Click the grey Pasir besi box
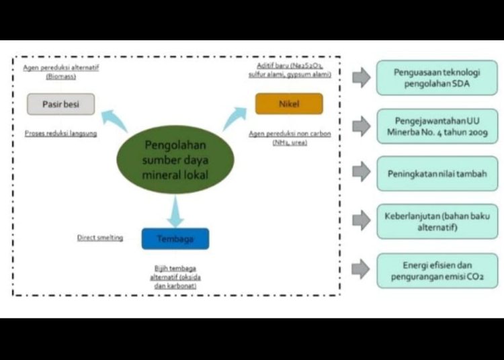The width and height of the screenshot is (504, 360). pos(60,104)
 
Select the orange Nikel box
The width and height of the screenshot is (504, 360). pos(288,103)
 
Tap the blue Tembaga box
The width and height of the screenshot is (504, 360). pos(175,238)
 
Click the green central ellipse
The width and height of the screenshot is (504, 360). pos(175,160)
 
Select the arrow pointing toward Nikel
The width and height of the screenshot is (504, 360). pos(235,118)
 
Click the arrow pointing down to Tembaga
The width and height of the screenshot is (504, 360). pos(175,211)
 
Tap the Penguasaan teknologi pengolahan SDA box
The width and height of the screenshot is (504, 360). pos(437,78)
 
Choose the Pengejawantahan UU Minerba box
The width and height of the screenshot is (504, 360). pos(437,126)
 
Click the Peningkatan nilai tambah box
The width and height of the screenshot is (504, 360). pos(437,173)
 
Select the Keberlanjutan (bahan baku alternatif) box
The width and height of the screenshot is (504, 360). pos(437,221)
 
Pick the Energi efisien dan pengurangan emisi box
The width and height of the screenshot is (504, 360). pos(437,270)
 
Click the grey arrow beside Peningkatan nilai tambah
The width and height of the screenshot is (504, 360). pos(361,173)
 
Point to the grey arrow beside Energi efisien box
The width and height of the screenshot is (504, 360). pos(361,269)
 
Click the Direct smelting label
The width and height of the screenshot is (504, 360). pos(100,238)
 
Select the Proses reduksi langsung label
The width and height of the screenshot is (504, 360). pos(60,134)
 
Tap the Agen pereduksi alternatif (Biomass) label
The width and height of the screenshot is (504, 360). pos(60,71)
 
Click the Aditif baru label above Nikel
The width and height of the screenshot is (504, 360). pos(294,71)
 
